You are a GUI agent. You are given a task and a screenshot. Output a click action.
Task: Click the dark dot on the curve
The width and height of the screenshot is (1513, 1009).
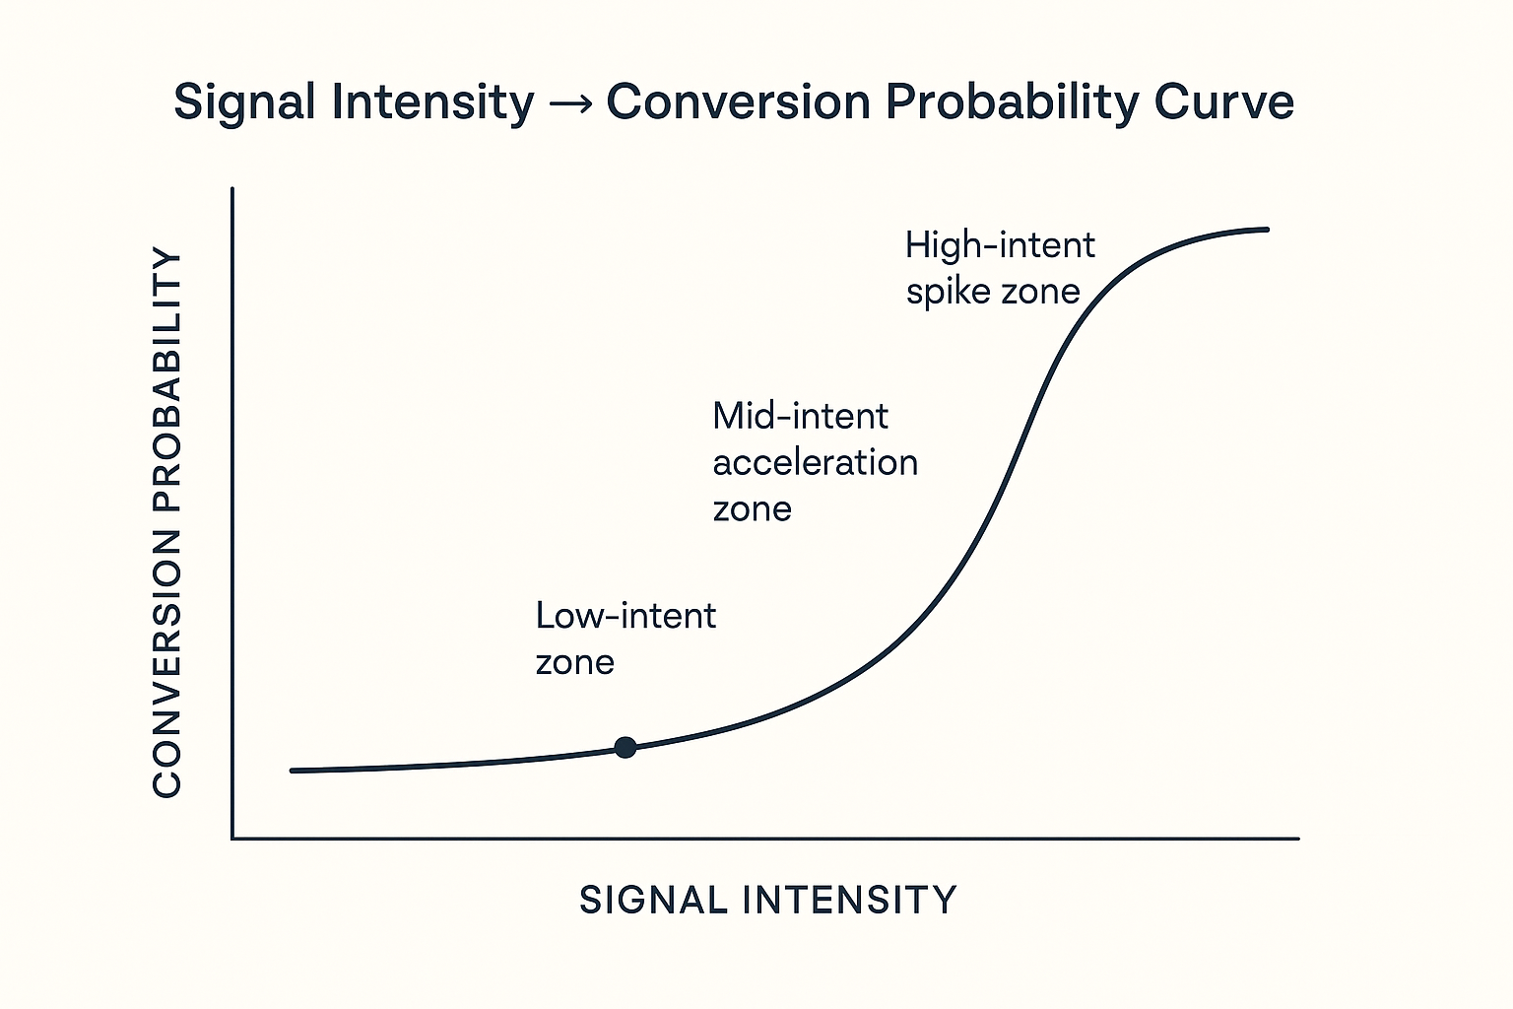pyautogui.click(x=625, y=747)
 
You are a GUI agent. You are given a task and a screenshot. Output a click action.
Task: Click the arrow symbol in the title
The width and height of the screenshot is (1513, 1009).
pyautogui.click(x=570, y=103)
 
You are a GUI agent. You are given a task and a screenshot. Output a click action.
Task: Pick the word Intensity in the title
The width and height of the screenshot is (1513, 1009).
pyautogui.click(x=432, y=103)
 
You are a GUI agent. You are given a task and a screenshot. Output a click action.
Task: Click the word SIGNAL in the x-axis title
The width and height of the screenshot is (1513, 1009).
pyautogui.click(x=652, y=900)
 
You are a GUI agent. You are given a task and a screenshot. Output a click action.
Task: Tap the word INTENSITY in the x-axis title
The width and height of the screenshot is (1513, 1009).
pyautogui.click(x=849, y=900)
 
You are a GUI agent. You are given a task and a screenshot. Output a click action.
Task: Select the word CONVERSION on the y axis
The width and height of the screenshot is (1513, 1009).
pyautogui.click(x=168, y=662)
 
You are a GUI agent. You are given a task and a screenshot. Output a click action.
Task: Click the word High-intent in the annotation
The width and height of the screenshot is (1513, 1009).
pyautogui.click(x=1000, y=245)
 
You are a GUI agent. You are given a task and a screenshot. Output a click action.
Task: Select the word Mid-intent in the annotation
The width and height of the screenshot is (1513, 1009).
pyautogui.click(x=800, y=416)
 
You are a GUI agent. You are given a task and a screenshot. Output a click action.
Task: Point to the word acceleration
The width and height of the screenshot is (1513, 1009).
pyautogui.click(x=815, y=462)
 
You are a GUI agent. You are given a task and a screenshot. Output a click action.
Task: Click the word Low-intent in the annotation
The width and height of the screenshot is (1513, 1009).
pyautogui.click(x=625, y=616)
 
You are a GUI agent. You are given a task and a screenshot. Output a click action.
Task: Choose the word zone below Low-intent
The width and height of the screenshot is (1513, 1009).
pyautogui.click(x=574, y=662)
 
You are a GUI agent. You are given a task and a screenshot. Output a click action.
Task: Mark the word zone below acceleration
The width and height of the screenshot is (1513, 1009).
pyautogui.click(x=752, y=509)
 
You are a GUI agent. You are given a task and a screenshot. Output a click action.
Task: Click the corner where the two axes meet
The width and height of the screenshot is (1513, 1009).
pyautogui.click(x=232, y=839)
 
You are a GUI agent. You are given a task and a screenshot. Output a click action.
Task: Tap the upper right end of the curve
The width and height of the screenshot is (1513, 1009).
pyautogui.click(x=1266, y=230)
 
